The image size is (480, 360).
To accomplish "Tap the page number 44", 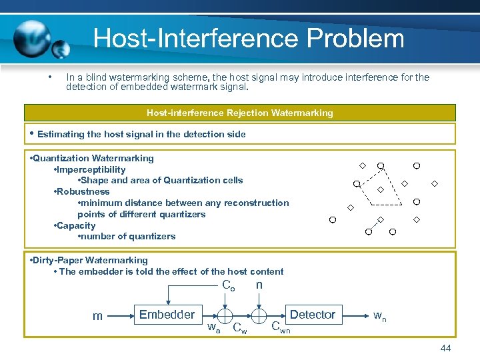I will pyautogui.click(x=446, y=349).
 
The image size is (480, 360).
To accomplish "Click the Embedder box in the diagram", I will pyautogui.click(x=167, y=315).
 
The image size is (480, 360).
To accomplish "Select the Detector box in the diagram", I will pyautogui.click(x=312, y=315).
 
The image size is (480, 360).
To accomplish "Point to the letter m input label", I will pyautogui.click(x=97, y=316).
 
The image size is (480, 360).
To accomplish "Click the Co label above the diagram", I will pyautogui.click(x=228, y=286).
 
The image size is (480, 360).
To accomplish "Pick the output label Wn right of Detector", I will pyautogui.click(x=378, y=315).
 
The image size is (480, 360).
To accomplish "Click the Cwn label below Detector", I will pyautogui.click(x=280, y=327).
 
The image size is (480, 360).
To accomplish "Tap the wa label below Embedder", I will pyautogui.click(x=213, y=327).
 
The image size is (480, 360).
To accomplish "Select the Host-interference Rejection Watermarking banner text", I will pyautogui.click(x=239, y=113).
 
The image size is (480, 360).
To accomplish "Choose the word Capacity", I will pyautogui.click(x=76, y=225).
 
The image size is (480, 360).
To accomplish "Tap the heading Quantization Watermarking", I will pyautogui.click(x=93, y=158).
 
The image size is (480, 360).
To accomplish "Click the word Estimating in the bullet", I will pyautogui.click(x=59, y=134).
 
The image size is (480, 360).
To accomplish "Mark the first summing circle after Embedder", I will pyautogui.click(x=225, y=315).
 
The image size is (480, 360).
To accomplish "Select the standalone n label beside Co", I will pyautogui.click(x=259, y=285).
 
